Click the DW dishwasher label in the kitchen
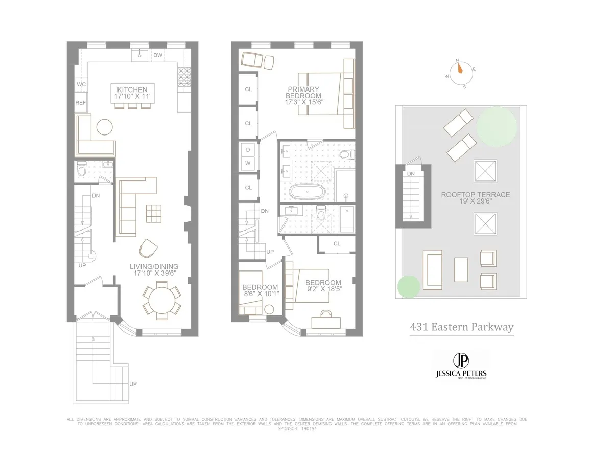point(158,55)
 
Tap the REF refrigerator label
point(81,103)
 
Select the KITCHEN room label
point(131,89)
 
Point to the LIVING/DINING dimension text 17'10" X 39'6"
point(155,274)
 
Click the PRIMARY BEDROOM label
point(303,92)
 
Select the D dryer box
point(248,150)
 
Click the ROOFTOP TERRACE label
point(476,195)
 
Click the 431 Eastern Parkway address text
point(462,327)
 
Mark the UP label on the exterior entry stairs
point(133,384)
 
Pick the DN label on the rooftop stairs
point(411,174)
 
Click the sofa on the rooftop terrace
point(432,268)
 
